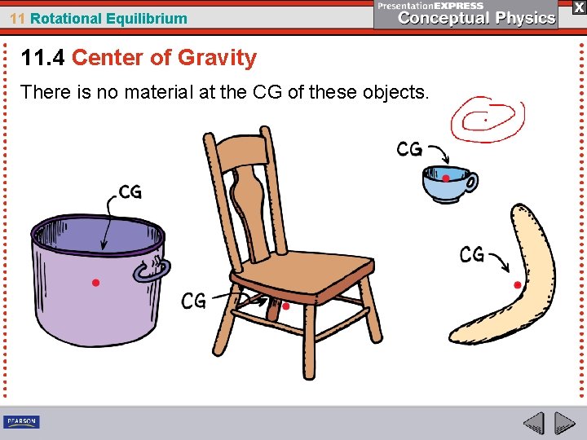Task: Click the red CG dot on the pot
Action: [95, 283]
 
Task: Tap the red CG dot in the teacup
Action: [446, 178]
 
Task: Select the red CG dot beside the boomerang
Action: [518, 284]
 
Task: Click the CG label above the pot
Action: [130, 192]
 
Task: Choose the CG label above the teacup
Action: [409, 149]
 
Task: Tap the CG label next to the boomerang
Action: [472, 255]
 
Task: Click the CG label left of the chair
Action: [193, 301]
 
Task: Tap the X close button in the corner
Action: [578, 7]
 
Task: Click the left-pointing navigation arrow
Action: [533, 423]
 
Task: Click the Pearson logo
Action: [21, 422]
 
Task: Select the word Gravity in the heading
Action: [217, 58]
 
